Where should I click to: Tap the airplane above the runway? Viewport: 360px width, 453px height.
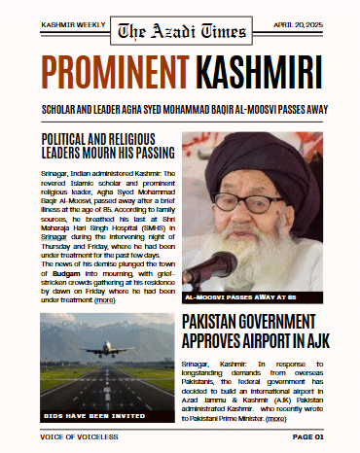106,349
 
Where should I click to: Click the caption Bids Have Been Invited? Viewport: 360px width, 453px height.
89,414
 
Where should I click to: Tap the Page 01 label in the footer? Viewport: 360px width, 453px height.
307,436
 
